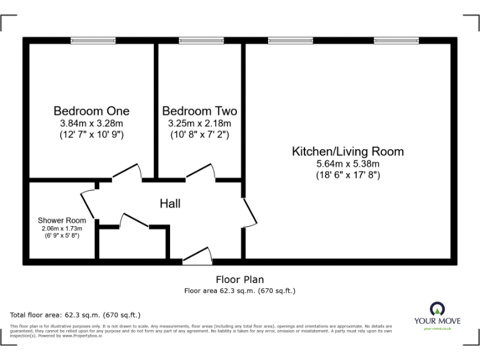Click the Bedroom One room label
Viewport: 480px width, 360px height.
pos(91,111)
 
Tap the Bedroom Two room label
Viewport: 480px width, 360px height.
pos(199,111)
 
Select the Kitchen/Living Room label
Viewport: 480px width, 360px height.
pos(347,151)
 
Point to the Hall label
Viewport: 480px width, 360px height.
pos(170,204)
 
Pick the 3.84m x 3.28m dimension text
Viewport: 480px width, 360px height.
pos(91,123)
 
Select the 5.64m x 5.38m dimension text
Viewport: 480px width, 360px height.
pos(347,164)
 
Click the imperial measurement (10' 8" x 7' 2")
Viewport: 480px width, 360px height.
pos(199,134)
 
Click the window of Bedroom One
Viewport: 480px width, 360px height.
pos(93,41)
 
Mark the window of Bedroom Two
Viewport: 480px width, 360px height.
pos(197,41)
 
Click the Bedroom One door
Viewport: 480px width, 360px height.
pos(128,171)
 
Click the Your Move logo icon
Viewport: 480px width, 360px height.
pos(437,309)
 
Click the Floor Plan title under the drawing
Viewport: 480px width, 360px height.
pos(239,279)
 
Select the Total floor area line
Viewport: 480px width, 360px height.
pos(76,314)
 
